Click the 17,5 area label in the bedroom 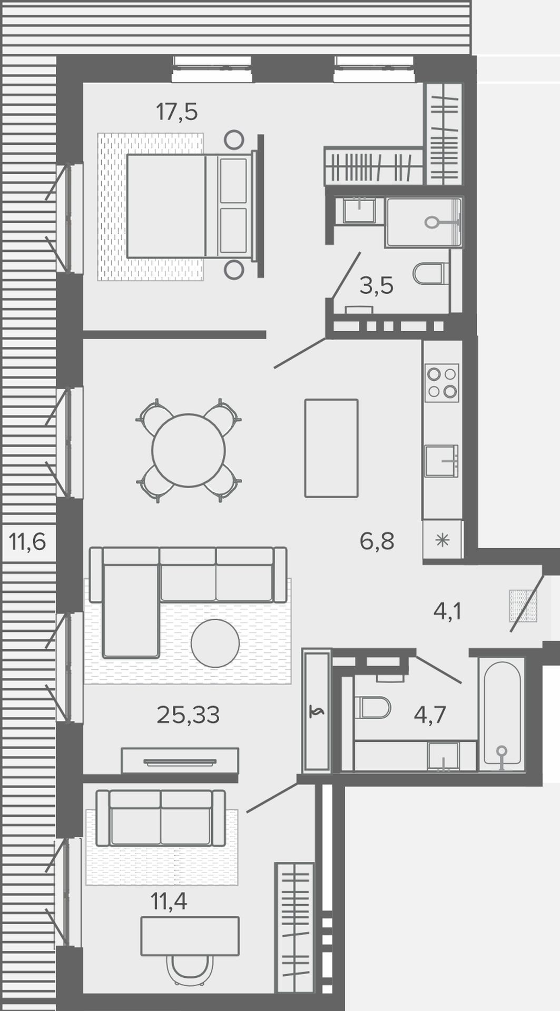pos(176,112)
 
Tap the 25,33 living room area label pos(188,715)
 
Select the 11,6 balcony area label pos(27,541)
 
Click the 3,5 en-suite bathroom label pos(377,286)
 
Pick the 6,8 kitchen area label pos(377,541)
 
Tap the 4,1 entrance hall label pos(447,611)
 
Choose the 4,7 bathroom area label pos(430,715)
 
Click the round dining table pos(189,450)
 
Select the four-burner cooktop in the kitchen pos(442,383)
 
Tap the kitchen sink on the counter pos(442,461)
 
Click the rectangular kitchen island pos(331,448)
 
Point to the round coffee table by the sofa pos(215,643)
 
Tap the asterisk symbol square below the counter pos(443,539)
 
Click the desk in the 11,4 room pos(190,936)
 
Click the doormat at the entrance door pos(523,606)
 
